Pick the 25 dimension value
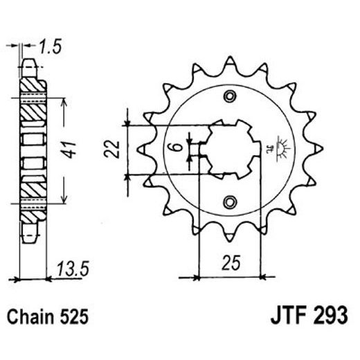tap(232, 262)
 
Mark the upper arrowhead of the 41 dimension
tap(64, 100)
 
